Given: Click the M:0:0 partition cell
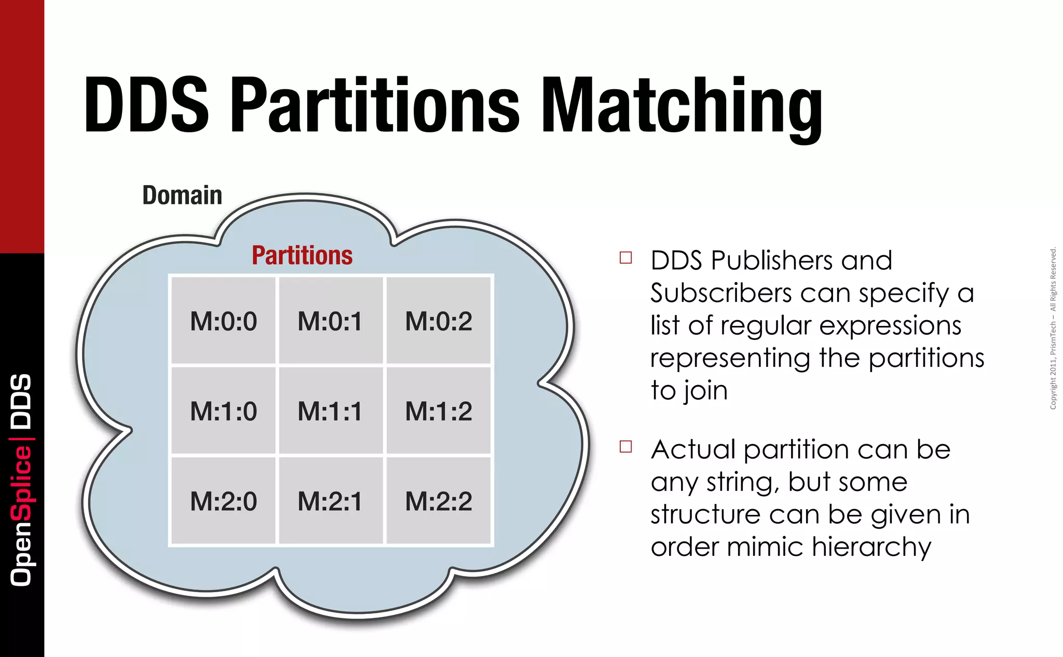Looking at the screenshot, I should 223,321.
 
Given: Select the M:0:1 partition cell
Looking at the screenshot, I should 331,321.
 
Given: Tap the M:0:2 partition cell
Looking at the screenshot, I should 439,321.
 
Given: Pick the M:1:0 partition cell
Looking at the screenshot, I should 223,411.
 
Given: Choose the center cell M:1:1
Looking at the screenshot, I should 331,411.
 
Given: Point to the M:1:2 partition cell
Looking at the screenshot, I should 439,411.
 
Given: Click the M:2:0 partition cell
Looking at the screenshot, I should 223,501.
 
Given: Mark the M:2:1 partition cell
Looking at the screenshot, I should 331,501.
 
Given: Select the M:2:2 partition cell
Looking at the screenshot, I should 439,501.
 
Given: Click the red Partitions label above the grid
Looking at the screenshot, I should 302,255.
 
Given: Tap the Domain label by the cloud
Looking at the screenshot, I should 182,196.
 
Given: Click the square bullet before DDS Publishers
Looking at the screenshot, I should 626,257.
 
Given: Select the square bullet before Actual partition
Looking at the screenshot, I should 626,446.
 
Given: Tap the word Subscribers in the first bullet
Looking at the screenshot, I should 721,294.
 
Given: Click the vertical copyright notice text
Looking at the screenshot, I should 1053,328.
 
